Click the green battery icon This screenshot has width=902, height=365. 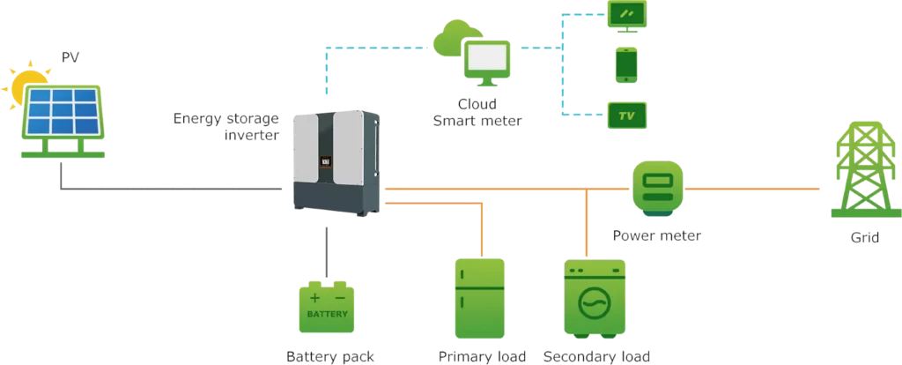coord(327,308)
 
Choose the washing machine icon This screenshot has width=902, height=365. coord(595,299)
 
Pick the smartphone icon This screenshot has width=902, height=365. coord(626,63)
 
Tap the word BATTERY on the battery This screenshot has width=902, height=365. coord(327,315)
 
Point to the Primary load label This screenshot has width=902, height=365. coord(482,356)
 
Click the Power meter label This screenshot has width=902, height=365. coord(658,236)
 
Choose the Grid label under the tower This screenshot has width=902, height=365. coord(861,238)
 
